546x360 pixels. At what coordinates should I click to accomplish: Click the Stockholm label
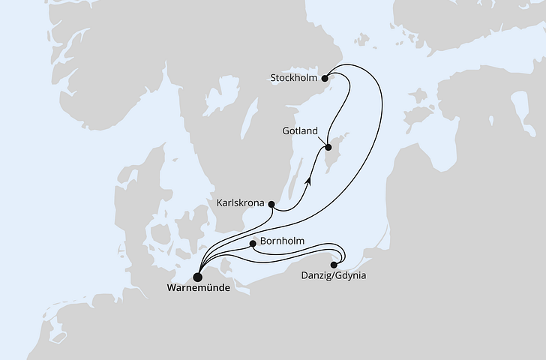point(295,77)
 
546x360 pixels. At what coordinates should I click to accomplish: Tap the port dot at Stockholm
point(325,77)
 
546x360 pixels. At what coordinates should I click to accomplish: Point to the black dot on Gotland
point(328,148)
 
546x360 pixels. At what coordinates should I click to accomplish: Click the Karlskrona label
point(240,202)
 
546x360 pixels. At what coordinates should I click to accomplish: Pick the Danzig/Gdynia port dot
point(334,263)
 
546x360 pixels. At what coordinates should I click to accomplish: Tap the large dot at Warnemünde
point(198,275)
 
